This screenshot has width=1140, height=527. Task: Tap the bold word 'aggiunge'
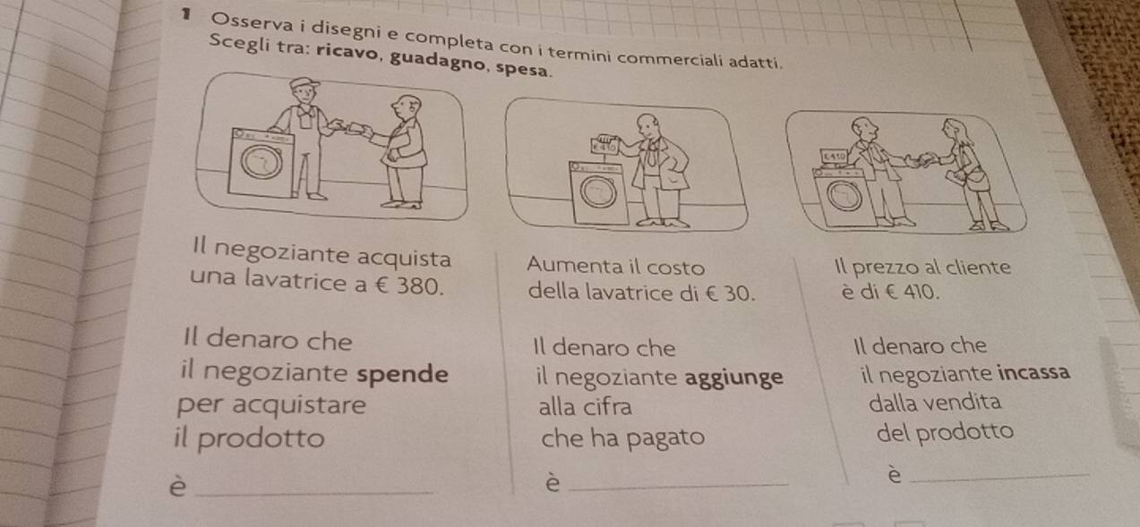click(733, 378)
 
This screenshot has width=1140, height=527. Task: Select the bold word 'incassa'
click(1033, 372)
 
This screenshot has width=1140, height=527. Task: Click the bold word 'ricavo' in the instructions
click(348, 52)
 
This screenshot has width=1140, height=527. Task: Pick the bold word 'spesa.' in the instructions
click(523, 69)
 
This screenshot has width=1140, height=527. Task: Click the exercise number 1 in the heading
click(186, 14)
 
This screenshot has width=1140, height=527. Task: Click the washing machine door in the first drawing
click(261, 162)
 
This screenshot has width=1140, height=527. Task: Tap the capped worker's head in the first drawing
click(304, 90)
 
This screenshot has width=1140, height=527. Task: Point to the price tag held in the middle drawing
click(604, 146)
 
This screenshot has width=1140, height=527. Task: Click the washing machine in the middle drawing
click(599, 193)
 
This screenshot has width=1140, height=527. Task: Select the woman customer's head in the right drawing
click(953, 131)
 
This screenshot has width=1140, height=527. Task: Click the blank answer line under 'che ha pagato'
click(679, 487)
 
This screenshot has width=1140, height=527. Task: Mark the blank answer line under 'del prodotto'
click(999, 477)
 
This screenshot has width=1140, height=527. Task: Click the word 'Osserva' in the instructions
click(252, 24)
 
